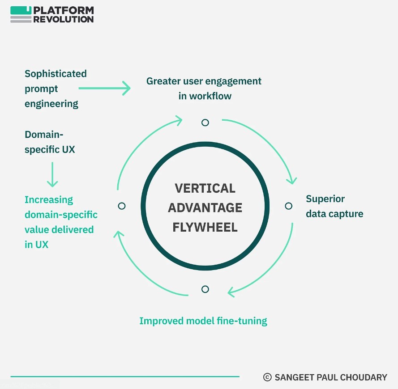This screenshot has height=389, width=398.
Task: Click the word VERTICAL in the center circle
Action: (x=205, y=188)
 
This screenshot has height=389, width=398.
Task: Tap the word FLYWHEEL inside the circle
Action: (x=205, y=227)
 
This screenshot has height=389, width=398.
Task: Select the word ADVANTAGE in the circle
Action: (x=205, y=207)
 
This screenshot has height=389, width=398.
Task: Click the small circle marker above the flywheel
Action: (x=205, y=123)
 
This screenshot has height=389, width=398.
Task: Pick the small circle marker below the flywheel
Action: (x=205, y=289)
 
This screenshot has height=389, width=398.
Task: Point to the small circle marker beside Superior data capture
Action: (x=289, y=206)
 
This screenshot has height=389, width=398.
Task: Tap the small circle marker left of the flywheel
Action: (x=122, y=206)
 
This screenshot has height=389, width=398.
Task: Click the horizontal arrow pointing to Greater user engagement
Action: (x=105, y=88)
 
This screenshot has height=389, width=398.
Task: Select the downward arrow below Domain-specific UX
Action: (x=52, y=174)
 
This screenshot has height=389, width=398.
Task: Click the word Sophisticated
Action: (x=56, y=74)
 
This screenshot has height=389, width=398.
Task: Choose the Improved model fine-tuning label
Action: (x=203, y=321)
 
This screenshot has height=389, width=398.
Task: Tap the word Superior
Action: (x=325, y=199)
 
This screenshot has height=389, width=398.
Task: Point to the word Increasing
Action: (x=49, y=200)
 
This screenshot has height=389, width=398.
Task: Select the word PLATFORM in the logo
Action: (x=64, y=10)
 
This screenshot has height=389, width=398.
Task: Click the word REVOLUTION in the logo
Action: (x=64, y=19)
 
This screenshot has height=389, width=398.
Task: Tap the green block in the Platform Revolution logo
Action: (x=21, y=10)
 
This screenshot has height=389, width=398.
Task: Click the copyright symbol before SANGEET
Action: (x=267, y=377)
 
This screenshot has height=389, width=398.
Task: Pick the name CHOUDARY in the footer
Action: (x=364, y=377)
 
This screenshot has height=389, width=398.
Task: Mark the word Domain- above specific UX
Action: (x=44, y=135)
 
